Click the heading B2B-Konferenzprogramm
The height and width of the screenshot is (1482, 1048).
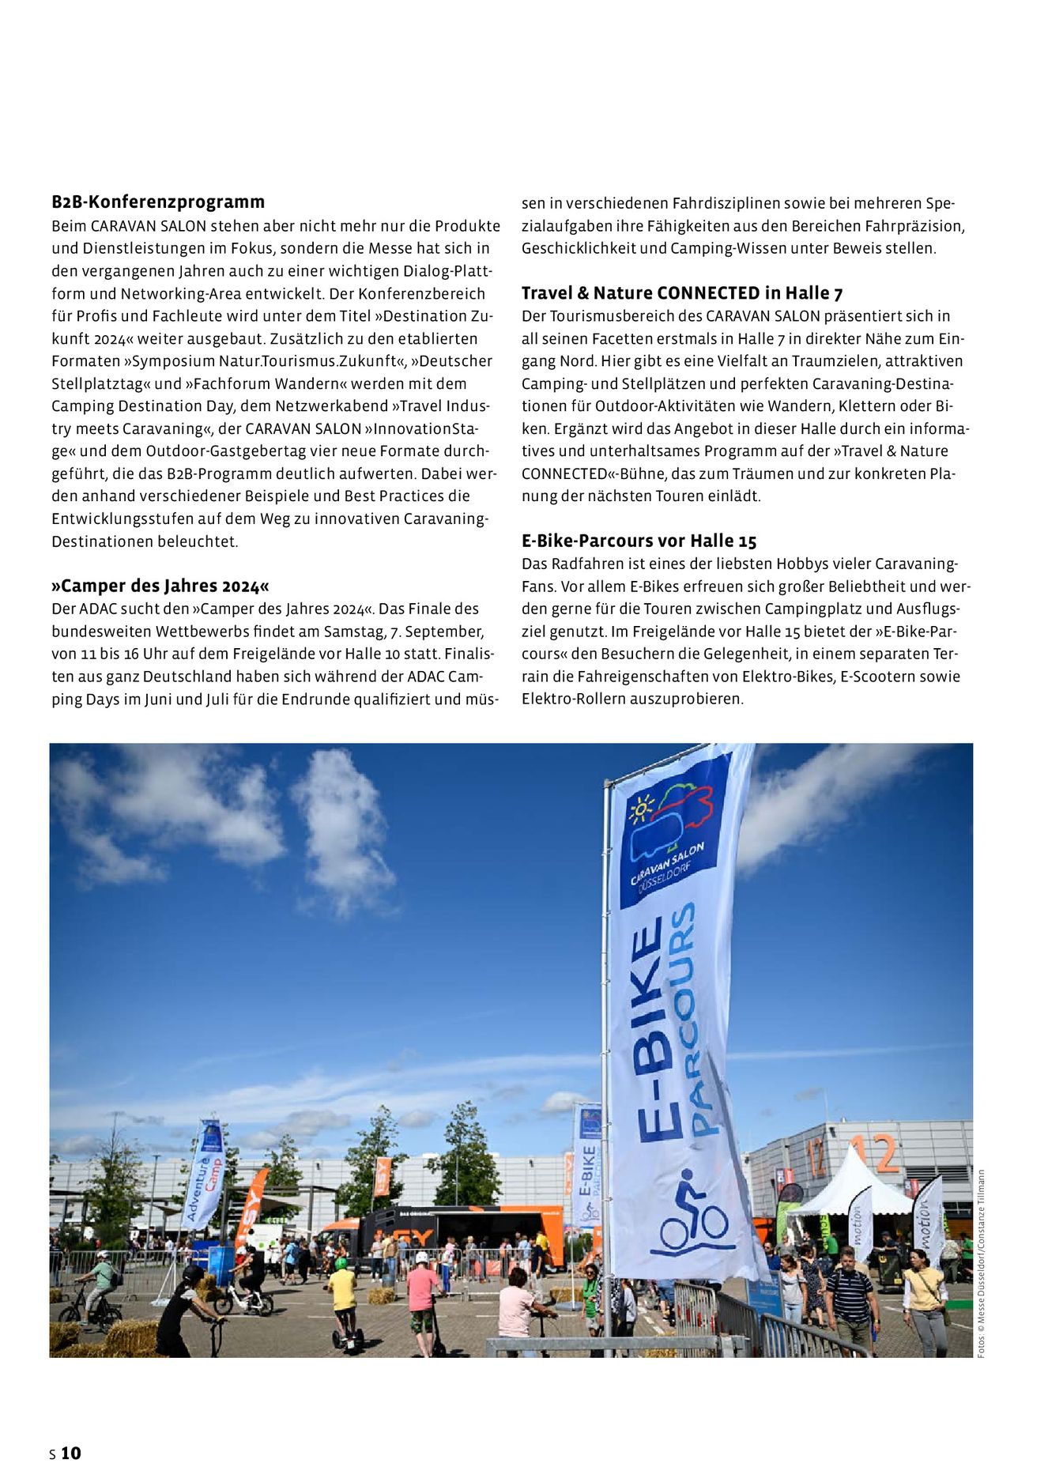coord(158,202)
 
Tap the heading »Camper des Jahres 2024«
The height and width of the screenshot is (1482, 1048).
coord(160,586)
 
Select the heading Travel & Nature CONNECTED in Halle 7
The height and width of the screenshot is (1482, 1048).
coord(682,293)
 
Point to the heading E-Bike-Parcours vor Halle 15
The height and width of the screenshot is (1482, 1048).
coord(639,541)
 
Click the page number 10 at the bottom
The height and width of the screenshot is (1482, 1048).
coord(71,1453)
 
